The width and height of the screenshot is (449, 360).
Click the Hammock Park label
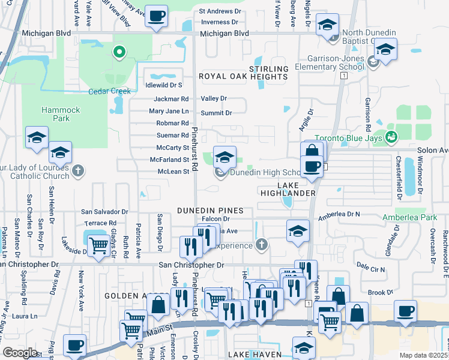[x=56, y=114]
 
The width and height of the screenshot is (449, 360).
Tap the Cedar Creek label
[x=109, y=91]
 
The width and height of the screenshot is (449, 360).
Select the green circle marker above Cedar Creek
[x=119, y=52]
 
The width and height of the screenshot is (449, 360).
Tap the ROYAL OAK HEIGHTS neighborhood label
[x=243, y=77]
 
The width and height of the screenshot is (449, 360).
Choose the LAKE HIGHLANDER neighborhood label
[x=288, y=188]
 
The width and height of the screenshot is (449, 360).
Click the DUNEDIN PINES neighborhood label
[x=210, y=211]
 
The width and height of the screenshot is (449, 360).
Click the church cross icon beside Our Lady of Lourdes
[x=77, y=172]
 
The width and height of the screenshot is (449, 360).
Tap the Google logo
[x=20, y=352]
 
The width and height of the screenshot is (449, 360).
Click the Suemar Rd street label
[x=173, y=136]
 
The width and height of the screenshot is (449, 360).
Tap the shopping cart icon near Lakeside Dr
[x=98, y=244]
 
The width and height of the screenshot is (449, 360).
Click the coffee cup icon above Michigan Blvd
[x=157, y=16]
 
